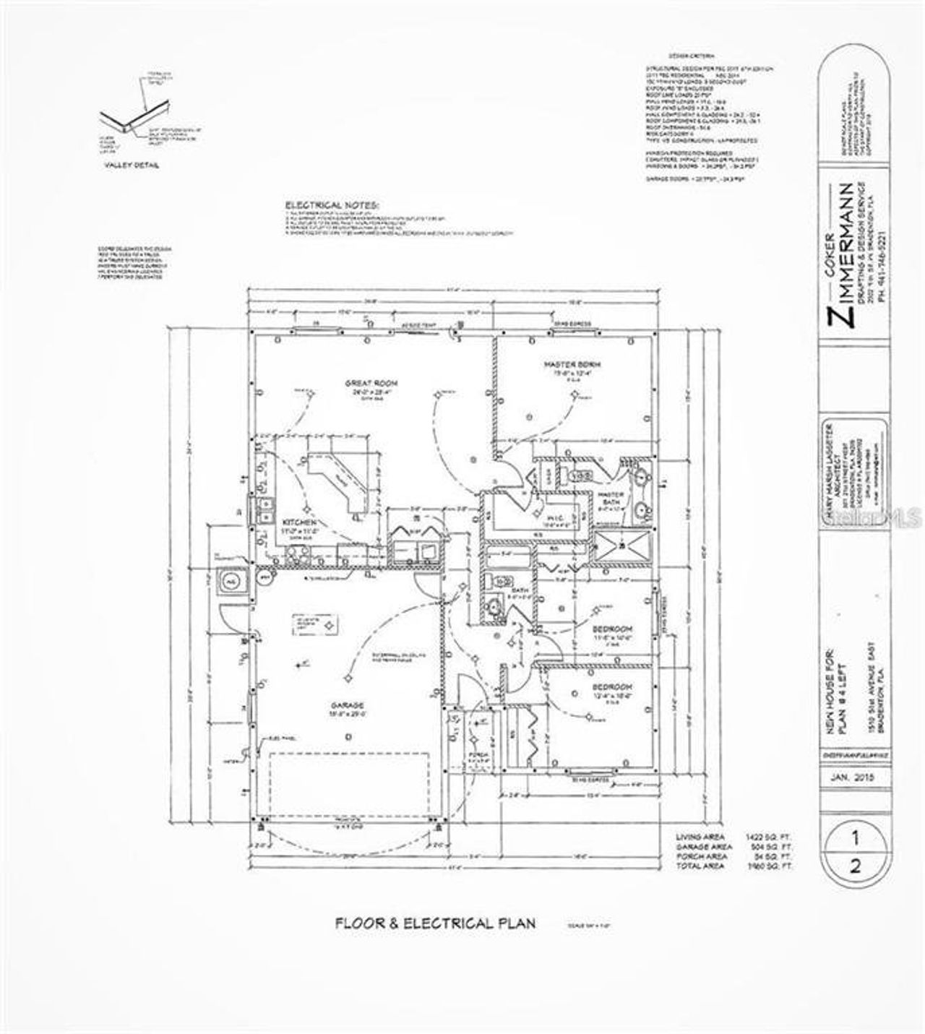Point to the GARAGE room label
(348, 705)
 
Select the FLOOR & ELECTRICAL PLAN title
(434, 923)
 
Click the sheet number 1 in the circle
(855, 839)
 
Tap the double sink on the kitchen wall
(264, 509)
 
